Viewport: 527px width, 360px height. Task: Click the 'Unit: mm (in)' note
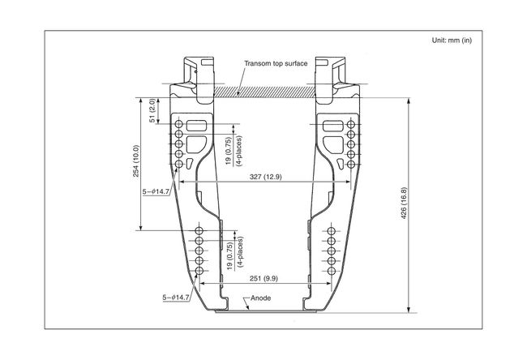pyautogui.click(x=452, y=41)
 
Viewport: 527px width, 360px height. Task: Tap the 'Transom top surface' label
pyautogui.click(x=276, y=63)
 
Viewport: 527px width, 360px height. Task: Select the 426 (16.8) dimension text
pyautogui.click(x=404, y=204)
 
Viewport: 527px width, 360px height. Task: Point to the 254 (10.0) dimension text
pyautogui.click(x=135, y=161)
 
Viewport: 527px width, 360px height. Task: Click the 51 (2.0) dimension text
pyautogui.click(x=152, y=110)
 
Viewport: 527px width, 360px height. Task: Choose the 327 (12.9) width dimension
pyautogui.click(x=265, y=177)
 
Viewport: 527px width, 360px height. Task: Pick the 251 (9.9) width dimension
pyautogui.click(x=263, y=278)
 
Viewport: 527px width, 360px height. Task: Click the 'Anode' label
pyautogui.click(x=261, y=298)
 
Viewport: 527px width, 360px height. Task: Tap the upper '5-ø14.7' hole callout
pyautogui.click(x=156, y=191)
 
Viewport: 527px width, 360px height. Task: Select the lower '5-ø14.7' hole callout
pyautogui.click(x=176, y=298)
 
